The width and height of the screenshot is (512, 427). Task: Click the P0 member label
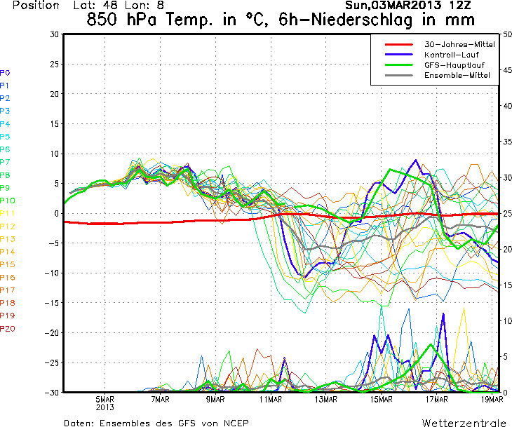(x=5, y=72)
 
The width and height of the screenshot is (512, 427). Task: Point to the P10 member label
(x=7, y=201)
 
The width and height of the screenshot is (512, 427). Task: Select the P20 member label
(x=7, y=329)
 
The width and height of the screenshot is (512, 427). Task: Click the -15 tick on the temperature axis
(x=51, y=303)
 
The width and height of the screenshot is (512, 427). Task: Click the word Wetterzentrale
(x=463, y=423)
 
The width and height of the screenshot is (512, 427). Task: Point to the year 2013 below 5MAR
(x=105, y=407)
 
